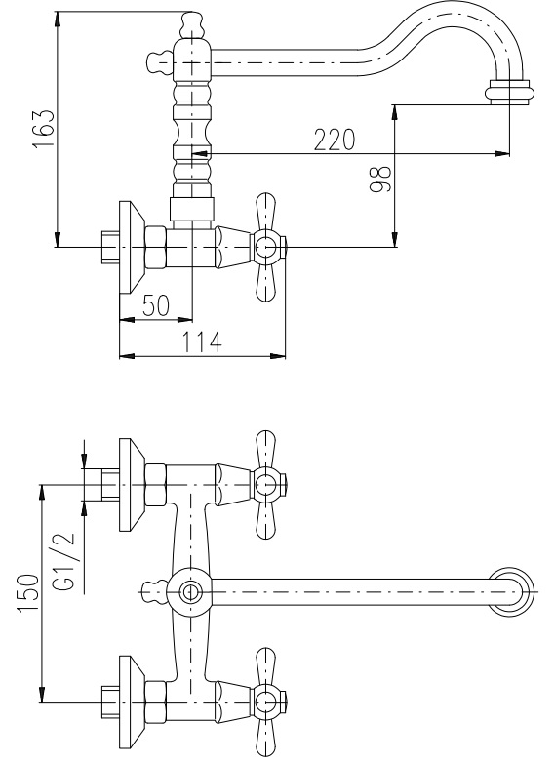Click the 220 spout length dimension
coord(335,140)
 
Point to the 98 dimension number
coord(380,179)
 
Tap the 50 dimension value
coord(156,305)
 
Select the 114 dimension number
coord(202,342)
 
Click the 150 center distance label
coord(28,593)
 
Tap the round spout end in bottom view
coord(512,592)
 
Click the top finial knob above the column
coord(192,25)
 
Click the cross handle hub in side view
coord(266,247)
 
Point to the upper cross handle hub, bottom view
coord(266,484)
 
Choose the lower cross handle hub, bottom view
coord(266,702)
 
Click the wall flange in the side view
coord(132,248)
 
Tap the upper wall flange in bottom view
coord(132,485)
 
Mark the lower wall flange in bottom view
coord(132,703)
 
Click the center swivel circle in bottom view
coord(189,592)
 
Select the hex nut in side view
coord(156,247)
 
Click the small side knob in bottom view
coord(155,592)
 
